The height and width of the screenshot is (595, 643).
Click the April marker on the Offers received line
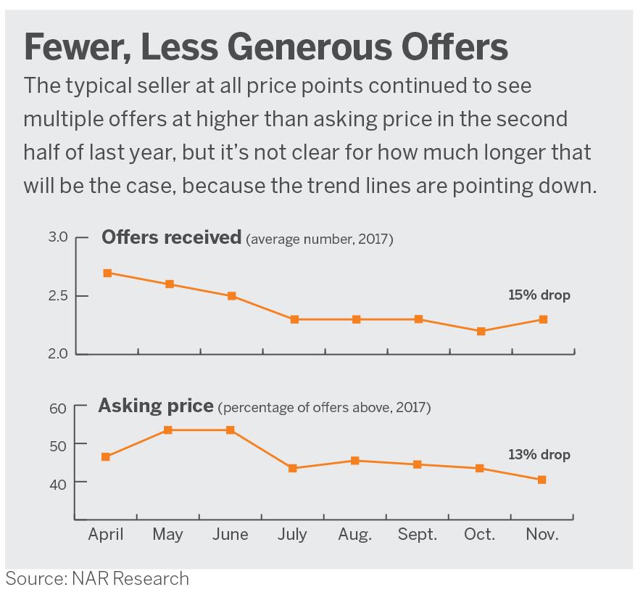click(x=107, y=273)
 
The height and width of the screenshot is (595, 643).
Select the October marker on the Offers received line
click(x=481, y=331)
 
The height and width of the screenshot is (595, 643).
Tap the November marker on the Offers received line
click(x=543, y=319)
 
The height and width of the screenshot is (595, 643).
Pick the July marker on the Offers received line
click(x=294, y=319)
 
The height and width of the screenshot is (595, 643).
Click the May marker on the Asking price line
click(x=168, y=430)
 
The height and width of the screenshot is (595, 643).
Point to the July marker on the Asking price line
click(x=293, y=468)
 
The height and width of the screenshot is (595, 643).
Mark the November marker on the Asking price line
click(x=542, y=480)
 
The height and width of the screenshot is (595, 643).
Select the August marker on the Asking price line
click(x=354, y=461)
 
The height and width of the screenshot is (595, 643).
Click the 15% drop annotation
click(x=539, y=295)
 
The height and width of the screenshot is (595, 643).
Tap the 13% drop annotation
click(x=539, y=455)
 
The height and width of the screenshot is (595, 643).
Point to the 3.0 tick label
click(x=58, y=237)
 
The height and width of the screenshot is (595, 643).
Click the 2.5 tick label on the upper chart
click(x=58, y=296)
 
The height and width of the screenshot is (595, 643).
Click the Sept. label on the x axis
click(x=418, y=535)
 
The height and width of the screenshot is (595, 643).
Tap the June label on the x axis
click(x=231, y=535)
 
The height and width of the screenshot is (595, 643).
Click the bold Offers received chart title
click(x=171, y=237)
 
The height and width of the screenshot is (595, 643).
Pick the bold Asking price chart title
click(x=156, y=406)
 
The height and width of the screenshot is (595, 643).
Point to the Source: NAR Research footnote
click(x=97, y=578)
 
